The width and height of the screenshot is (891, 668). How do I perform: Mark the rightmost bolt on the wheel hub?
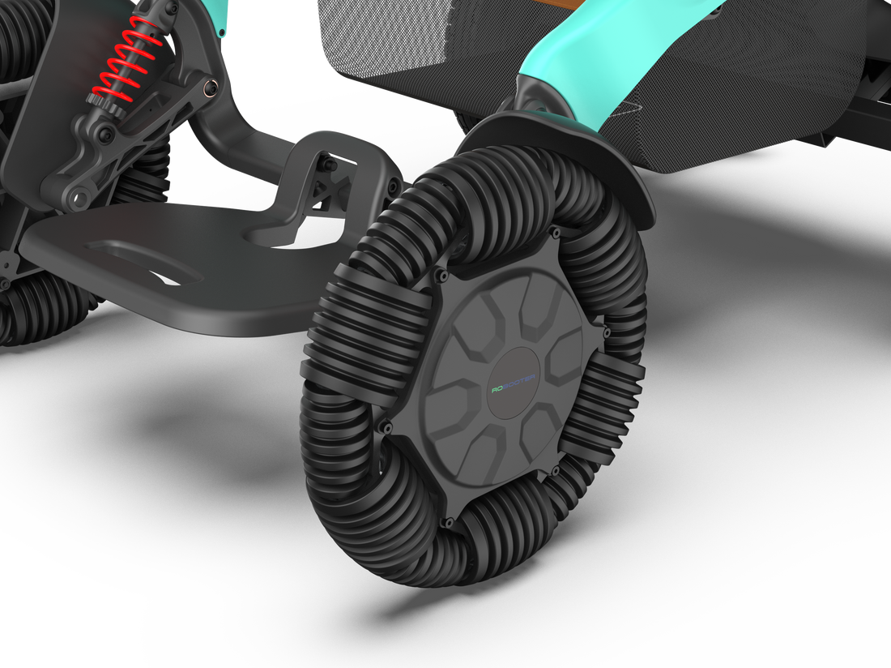[603, 330]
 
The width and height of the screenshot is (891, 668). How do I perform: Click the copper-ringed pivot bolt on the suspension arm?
[211, 86]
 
